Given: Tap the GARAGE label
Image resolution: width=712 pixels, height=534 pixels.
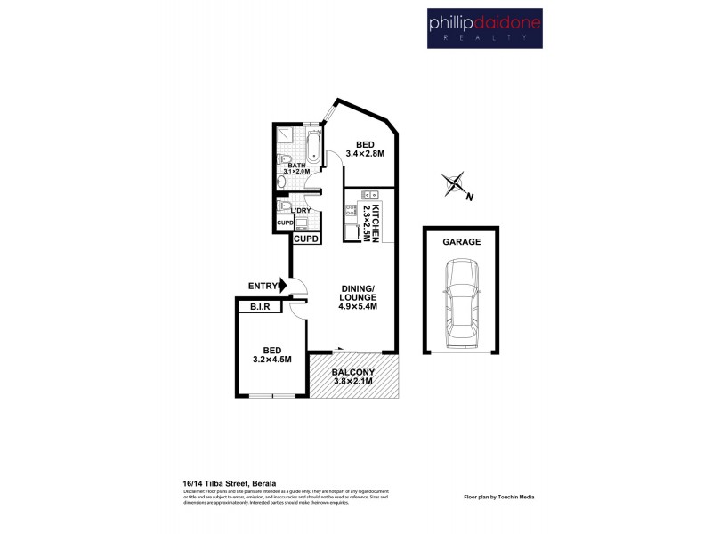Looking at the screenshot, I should [x=461, y=241].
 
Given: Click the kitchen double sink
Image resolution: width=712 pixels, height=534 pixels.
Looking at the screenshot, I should [x=369, y=195].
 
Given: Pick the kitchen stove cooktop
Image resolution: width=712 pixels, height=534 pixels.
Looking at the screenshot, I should [x=351, y=210].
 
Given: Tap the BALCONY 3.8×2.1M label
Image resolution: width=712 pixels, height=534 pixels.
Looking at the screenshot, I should [x=353, y=376].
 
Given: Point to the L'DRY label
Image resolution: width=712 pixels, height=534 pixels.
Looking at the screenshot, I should [x=300, y=210].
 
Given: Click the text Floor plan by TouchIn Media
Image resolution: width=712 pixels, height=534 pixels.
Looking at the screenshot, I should [x=498, y=497].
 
